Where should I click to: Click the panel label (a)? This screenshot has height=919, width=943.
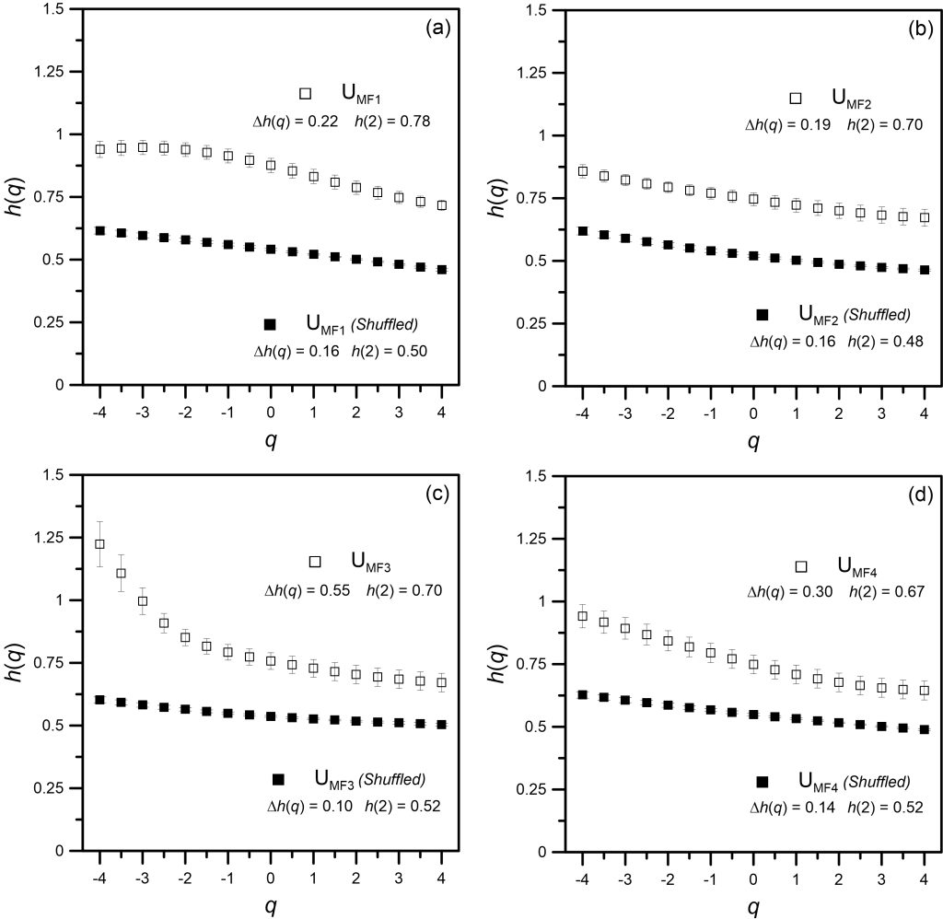tap(437, 29)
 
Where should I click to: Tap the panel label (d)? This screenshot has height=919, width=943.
tap(921, 495)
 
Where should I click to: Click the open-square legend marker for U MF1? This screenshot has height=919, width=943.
tap(305, 93)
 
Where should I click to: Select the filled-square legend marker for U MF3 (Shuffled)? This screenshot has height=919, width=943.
tap(278, 779)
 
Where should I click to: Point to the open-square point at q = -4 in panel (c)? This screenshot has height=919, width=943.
tap(99, 543)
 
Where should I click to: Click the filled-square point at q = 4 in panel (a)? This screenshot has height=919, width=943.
tap(441, 270)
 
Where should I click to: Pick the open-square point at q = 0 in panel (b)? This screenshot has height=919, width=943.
tap(753, 199)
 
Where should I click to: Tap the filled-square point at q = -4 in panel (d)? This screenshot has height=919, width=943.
tap(582, 694)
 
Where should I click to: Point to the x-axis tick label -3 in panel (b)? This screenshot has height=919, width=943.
tap(624, 413)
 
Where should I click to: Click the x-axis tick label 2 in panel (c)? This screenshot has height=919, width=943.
tap(356, 878)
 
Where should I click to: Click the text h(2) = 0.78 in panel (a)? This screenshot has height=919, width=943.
tap(392, 122)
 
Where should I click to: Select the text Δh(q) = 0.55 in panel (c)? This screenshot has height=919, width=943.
tap(308, 590)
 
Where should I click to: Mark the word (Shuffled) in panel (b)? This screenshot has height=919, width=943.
tap(878, 315)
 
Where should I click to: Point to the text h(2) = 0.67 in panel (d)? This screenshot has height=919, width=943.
tap(887, 592)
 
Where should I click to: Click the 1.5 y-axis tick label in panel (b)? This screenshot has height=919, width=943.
tap(535, 10)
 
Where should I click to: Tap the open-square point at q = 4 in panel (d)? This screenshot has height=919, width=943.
tap(925, 690)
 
